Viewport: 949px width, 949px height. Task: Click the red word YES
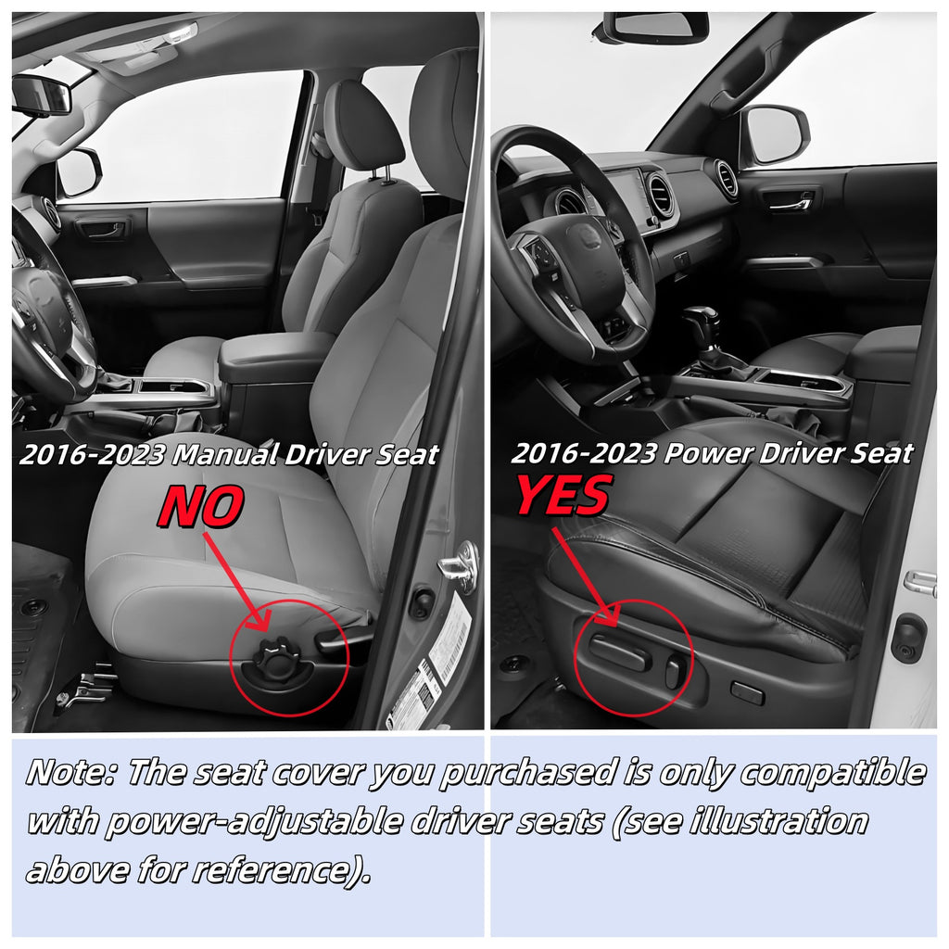coord(563,495)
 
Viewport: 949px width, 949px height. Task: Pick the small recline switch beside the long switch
coord(676,671)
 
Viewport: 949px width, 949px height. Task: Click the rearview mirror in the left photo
coord(43,95)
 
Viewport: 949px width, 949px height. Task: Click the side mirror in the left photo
coord(80,172)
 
